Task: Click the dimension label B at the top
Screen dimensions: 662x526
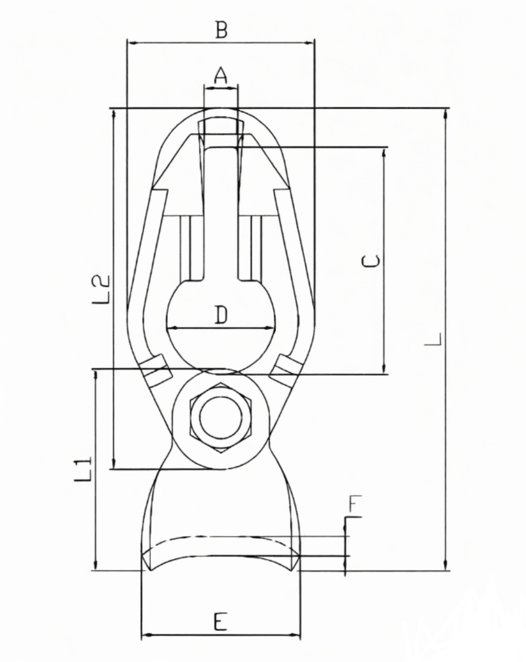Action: (221, 30)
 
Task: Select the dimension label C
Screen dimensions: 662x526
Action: (371, 261)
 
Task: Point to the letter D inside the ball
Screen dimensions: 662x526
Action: (221, 315)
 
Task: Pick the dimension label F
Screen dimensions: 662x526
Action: (355, 505)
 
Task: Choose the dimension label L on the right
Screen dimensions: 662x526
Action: (433, 338)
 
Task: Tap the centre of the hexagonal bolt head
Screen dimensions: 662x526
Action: (220, 417)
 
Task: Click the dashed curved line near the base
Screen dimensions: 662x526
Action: (220, 537)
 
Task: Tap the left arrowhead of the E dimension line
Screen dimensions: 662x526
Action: (145, 636)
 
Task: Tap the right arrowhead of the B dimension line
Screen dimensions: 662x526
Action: (311, 43)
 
